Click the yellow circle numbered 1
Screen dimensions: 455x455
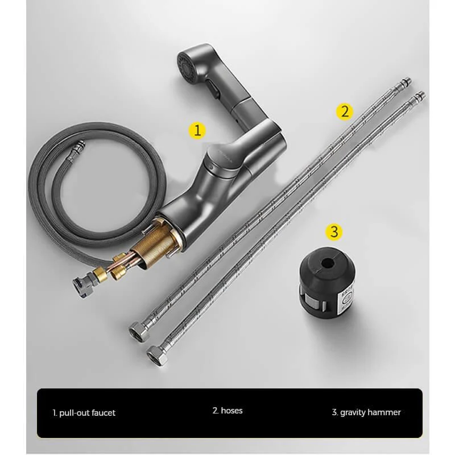point(197,130)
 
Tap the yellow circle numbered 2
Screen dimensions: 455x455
point(344,110)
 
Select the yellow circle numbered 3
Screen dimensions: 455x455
point(334,231)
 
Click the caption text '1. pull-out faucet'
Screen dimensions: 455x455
point(84,412)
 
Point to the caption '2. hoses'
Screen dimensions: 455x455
point(227,410)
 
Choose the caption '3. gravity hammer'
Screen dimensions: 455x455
point(366,412)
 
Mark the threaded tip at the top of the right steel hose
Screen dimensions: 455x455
point(420,94)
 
